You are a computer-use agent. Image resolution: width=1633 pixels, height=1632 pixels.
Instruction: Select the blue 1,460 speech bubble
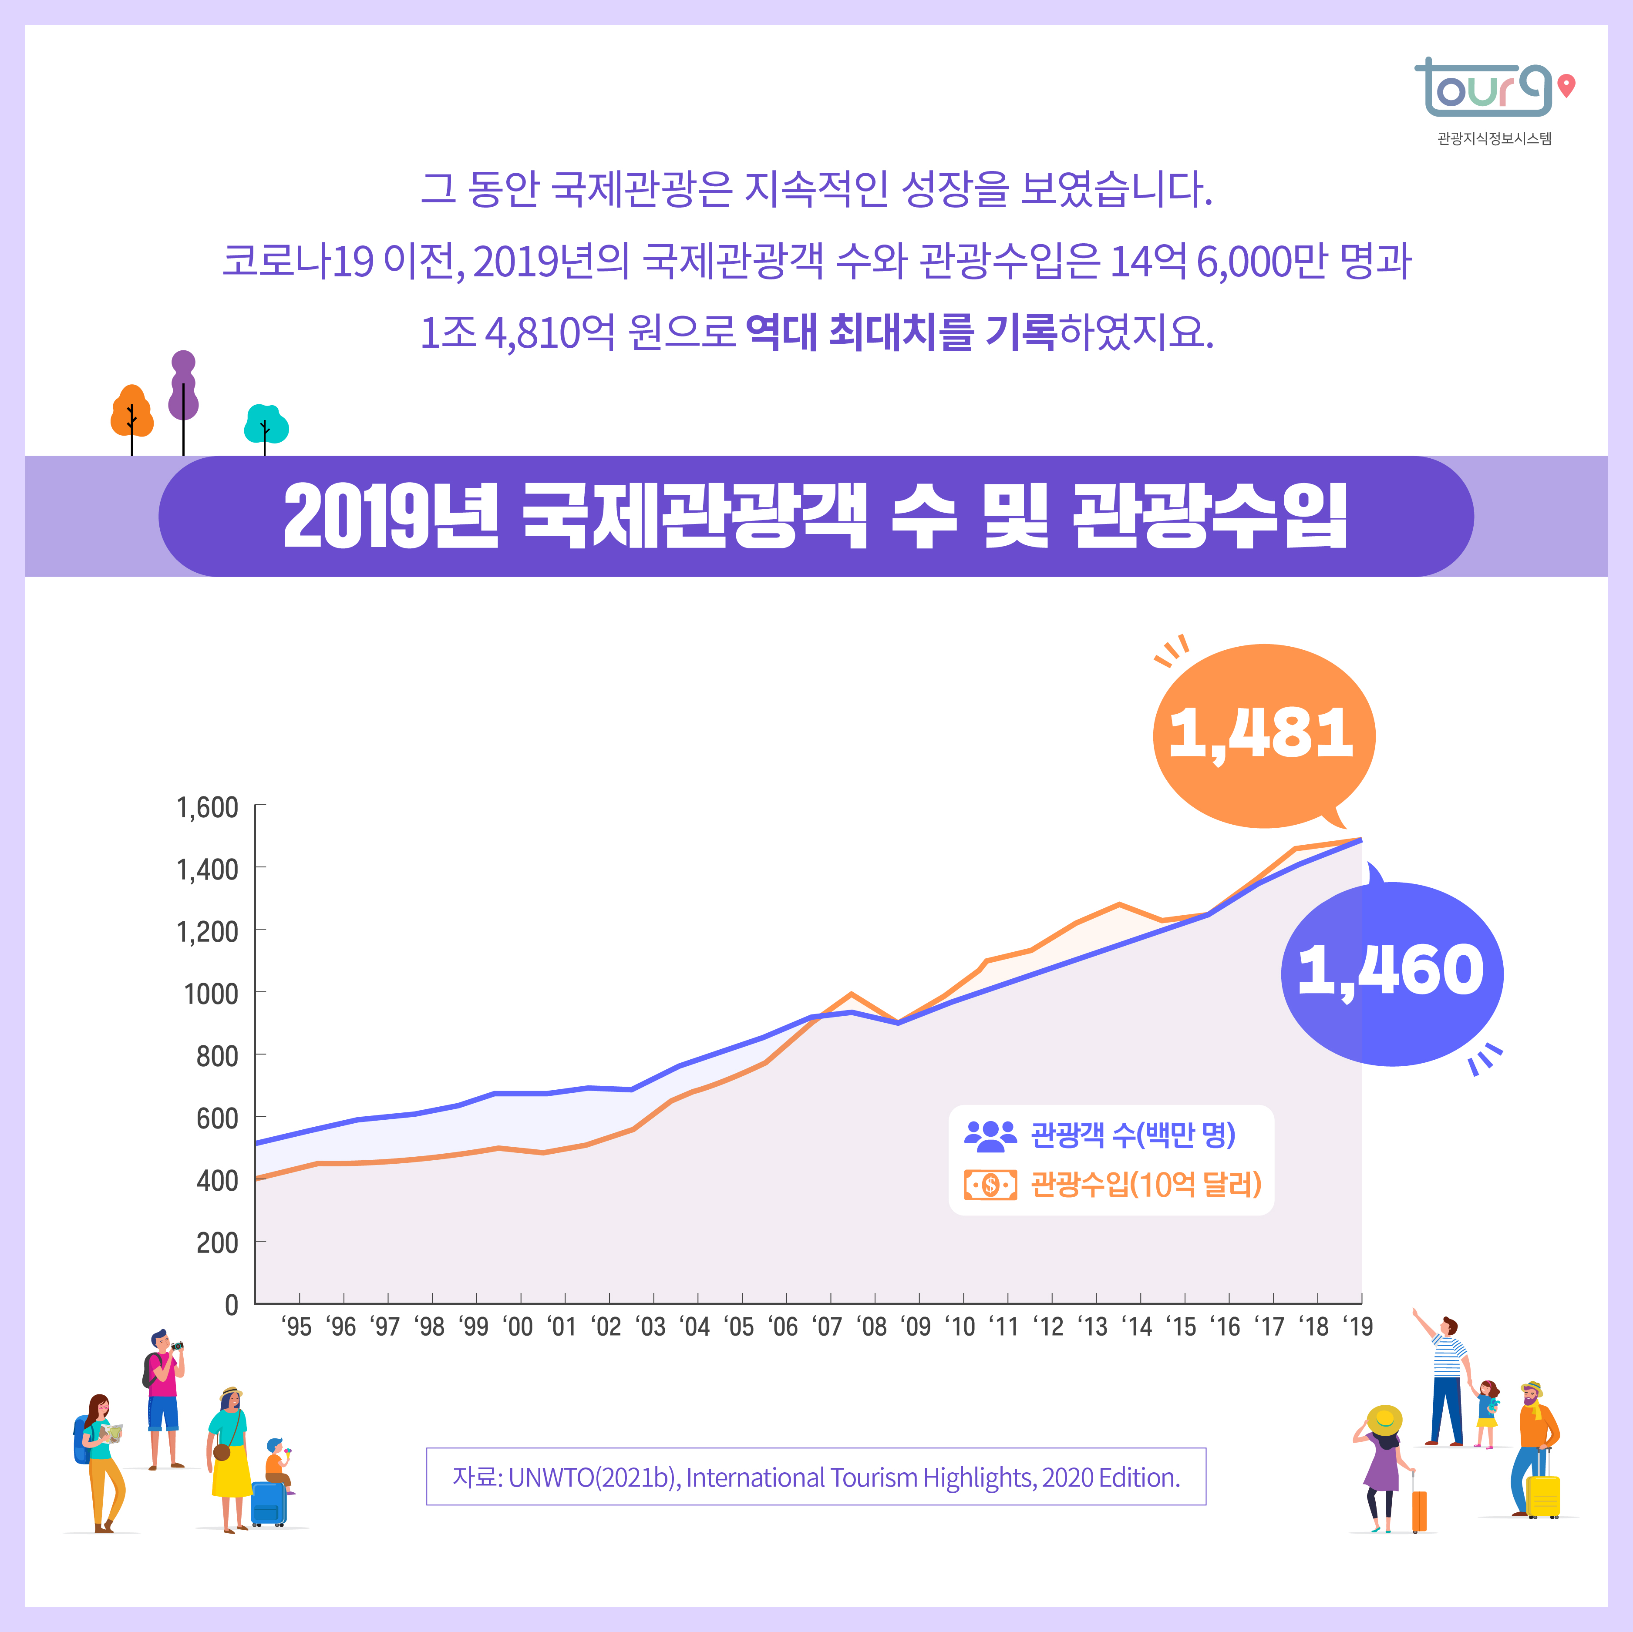click(1391, 972)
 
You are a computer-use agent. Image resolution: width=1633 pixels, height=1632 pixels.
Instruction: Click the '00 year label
click(518, 1327)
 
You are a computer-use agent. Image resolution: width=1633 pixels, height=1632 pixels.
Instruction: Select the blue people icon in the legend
click(990, 1135)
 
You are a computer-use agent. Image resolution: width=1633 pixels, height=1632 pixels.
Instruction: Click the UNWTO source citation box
click(816, 1477)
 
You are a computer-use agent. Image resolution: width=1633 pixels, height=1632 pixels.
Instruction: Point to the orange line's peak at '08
click(851, 994)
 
